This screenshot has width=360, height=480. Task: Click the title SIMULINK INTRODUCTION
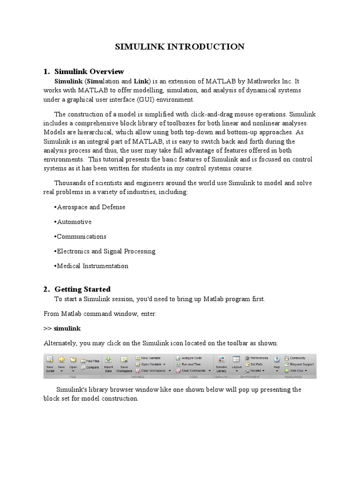[x=180, y=46]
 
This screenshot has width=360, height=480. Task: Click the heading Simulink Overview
[x=89, y=72]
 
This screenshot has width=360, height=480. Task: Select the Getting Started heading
[x=82, y=289]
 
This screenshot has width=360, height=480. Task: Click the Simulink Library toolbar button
[x=221, y=364]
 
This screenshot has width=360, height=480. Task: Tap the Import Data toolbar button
[x=108, y=364]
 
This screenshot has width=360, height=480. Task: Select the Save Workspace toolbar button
[x=124, y=364]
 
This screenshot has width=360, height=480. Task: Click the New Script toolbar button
[x=50, y=364]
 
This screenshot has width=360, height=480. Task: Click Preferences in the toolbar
[x=259, y=358]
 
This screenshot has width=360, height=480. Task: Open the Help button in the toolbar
[x=277, y=363]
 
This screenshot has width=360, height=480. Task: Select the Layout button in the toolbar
[x=236, y=363]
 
